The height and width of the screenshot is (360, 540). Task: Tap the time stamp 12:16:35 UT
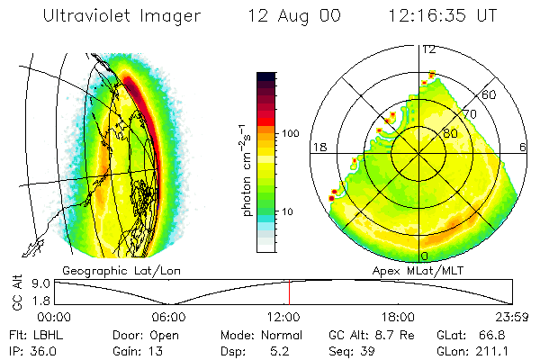444,16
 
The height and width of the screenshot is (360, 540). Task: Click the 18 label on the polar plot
319,146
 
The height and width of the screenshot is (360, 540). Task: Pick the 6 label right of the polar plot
524,146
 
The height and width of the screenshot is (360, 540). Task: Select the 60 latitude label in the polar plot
490,94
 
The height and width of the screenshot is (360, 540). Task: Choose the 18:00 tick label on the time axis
399,317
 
